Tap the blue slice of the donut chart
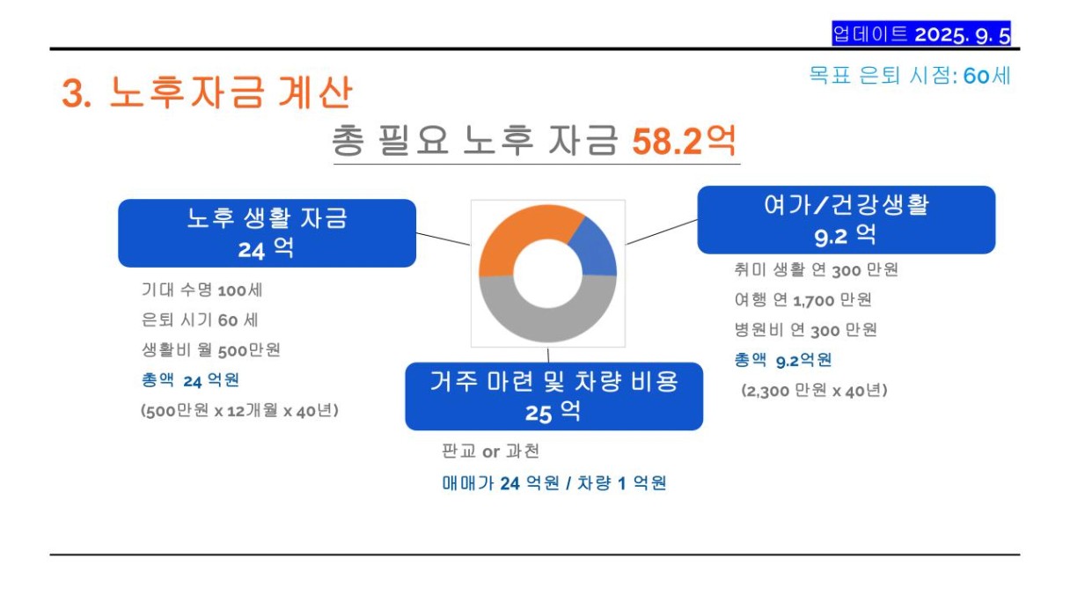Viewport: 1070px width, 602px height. pos(596,251)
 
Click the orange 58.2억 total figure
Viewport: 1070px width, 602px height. pos(684,141)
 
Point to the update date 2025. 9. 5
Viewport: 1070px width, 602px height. pos(963,35)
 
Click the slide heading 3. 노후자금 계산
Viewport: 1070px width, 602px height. pos(208,92)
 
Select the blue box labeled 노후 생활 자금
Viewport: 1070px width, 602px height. pos(267,233)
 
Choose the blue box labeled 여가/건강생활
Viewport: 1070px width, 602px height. pos(846,220)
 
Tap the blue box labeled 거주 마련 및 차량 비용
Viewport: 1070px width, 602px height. pos(554,396)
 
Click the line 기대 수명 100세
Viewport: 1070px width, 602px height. pos(202,290)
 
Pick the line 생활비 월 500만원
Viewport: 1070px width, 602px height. pos(210,350)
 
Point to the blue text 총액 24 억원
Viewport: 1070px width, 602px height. pos(190,380)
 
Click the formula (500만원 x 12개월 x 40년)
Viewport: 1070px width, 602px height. pos(239,410)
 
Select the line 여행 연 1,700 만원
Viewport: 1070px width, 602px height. pos(803,300)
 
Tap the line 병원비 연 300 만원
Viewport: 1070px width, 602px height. pos(805,330)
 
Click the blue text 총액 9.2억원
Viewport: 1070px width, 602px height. pos(783,360)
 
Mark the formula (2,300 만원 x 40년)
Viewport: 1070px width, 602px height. pos(814,391)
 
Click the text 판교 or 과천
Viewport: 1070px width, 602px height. pos(491,451)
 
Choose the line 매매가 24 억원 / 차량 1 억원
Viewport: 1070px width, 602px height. pos(554,483)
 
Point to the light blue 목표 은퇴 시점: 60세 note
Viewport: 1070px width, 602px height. pos(910,76)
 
